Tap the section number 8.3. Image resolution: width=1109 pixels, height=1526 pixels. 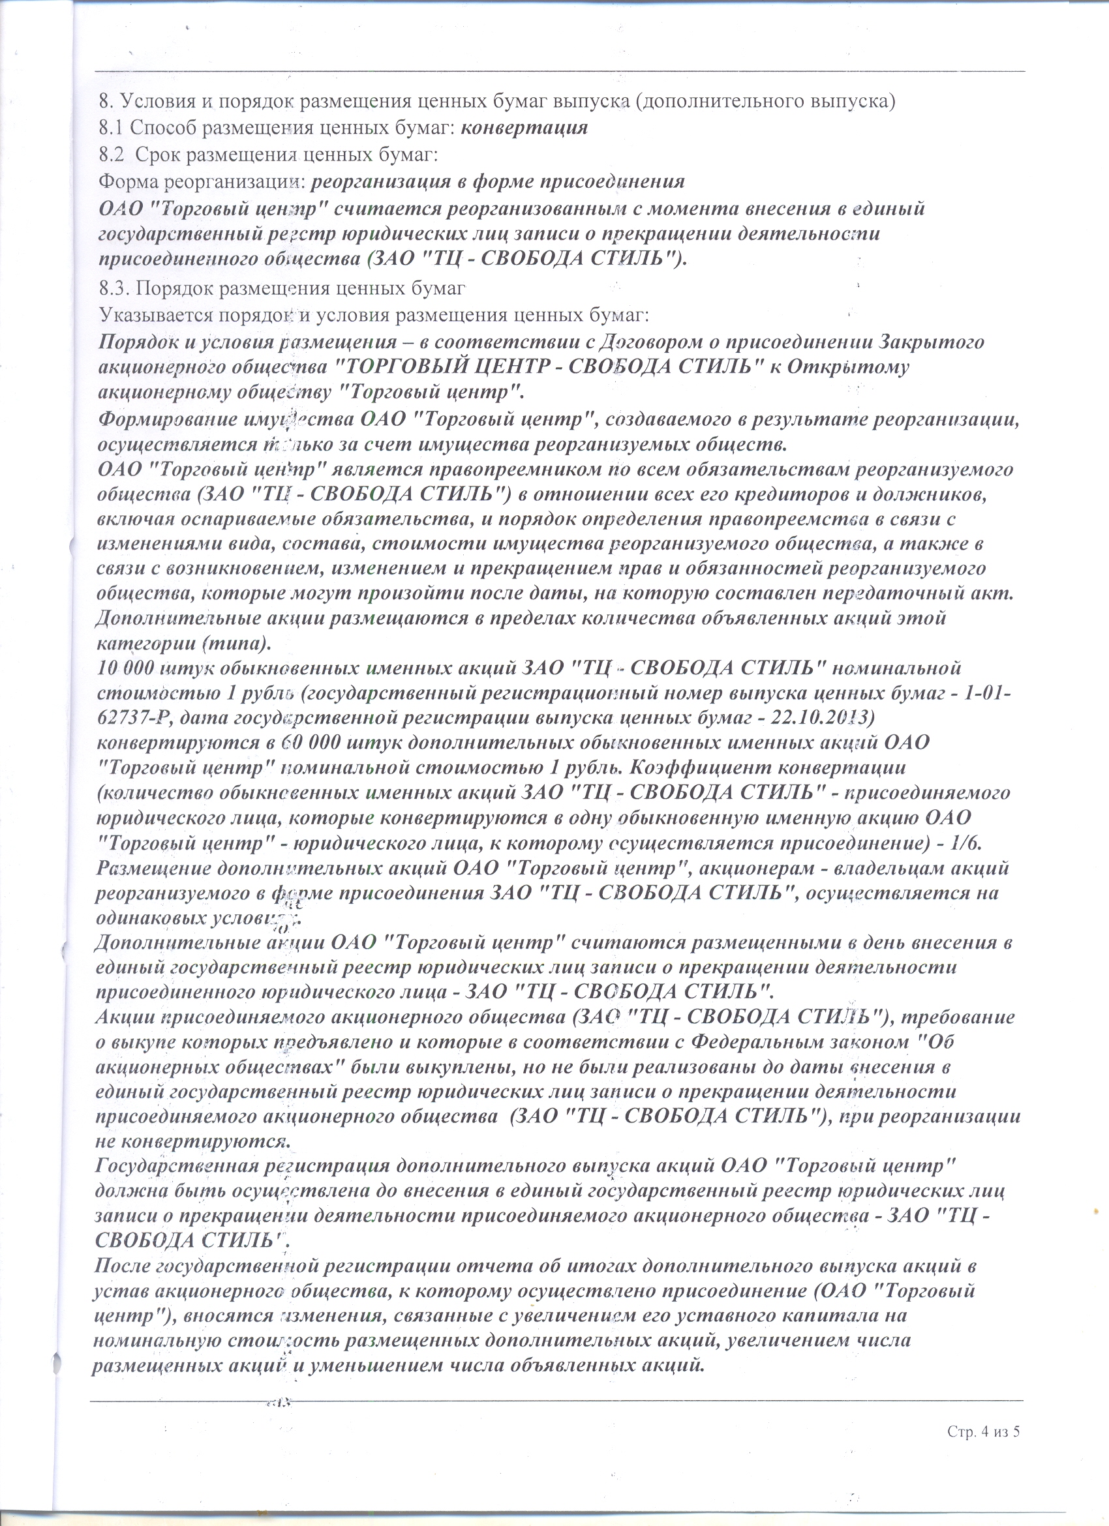[x=114, y=289]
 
